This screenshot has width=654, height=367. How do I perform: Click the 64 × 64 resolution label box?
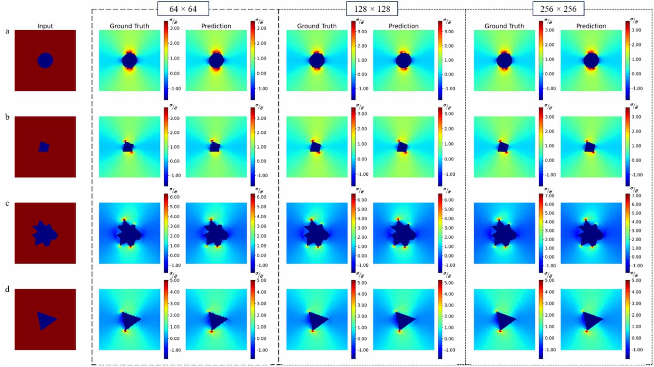(183, 9)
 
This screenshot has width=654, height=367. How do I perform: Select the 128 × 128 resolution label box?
(372, 9)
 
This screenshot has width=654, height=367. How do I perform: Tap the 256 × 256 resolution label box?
(558, 9)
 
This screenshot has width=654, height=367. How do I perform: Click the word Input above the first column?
(45, 26)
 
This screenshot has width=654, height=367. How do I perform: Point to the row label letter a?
(7, 31)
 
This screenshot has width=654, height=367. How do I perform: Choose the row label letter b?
(7, 117)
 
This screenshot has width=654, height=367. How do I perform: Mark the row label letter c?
(7, 204)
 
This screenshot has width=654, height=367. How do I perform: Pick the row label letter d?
(7, 290)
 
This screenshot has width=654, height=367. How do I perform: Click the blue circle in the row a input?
(45, 61)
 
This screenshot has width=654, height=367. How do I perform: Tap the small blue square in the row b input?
(44, 147)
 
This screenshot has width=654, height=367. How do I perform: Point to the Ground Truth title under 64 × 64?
(129, 26)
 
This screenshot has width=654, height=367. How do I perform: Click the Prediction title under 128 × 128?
(403, 26)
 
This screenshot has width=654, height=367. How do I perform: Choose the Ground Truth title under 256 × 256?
(504, 26)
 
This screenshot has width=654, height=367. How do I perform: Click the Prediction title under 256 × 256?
(591, 26)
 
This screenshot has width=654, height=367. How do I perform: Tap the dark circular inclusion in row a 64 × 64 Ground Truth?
(129, 61)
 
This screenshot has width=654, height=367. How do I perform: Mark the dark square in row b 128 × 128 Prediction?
(402, 147)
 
